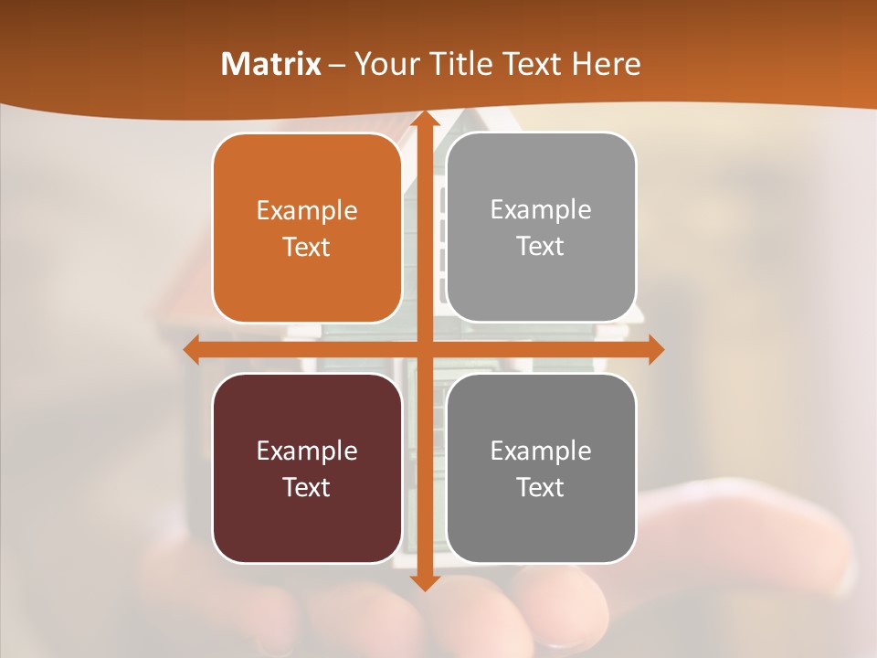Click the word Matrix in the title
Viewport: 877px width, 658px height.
(271, 64)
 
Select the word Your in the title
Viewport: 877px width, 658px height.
(383, 64)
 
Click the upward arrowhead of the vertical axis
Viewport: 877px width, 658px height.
(424, 120)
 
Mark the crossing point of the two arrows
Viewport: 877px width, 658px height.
(424, 349)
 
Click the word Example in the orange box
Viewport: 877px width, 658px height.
(307, 210)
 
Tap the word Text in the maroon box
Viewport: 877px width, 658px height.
(307, 487)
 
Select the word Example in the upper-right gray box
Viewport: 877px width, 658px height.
(541, 209)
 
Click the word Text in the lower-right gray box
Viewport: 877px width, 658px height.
(541, 487)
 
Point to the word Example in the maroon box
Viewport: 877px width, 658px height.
(307, 451)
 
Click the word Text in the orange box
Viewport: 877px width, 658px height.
(307, 247)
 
